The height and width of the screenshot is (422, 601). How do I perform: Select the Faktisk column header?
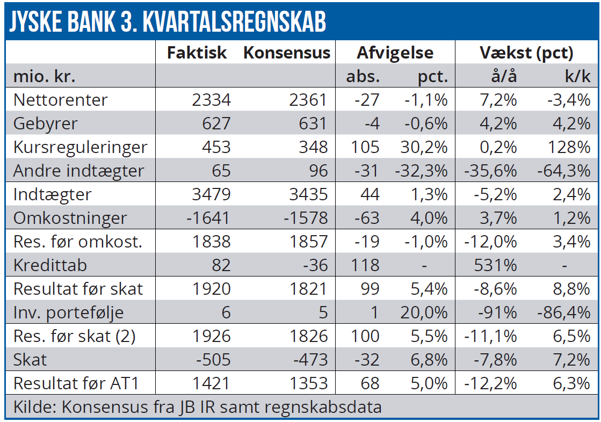(197, 53)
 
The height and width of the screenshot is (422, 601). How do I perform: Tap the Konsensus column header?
(287, 53)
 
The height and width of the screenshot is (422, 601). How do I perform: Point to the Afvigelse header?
(395, 53)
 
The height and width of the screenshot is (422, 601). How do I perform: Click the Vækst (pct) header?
(526, 53)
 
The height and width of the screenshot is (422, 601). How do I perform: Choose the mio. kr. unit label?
(45, 77)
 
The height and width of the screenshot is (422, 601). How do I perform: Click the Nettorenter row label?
(60, 100)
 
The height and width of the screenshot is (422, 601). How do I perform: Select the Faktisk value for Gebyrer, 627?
(213, 123)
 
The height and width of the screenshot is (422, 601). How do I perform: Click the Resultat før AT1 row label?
(76, 383)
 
